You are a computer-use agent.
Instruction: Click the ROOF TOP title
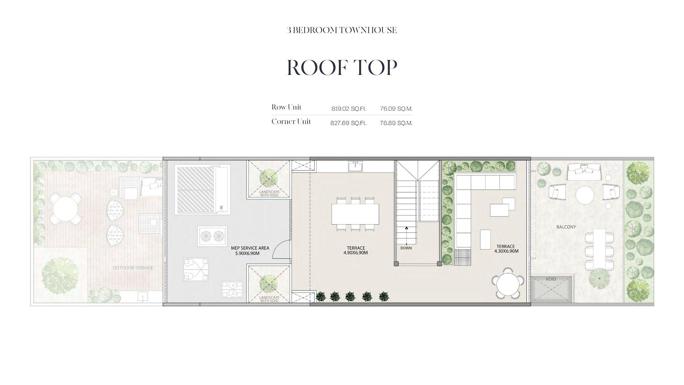click(342, 67)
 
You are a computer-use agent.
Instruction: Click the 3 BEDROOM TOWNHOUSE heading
click(342, 30)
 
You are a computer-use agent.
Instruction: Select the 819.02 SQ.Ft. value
click(349, 109)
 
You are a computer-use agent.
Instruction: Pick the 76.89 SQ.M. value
click(396, 123)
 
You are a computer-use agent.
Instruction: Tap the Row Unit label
click(286, 107)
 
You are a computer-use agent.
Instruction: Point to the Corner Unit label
click(291, 122)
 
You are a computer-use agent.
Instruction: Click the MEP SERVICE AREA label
click(250, 248)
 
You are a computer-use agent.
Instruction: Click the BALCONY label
click(566, 227)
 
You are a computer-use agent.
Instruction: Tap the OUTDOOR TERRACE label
click(133, 268)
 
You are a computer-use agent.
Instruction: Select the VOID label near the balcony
click(551, 279)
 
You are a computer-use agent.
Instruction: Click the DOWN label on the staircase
click(406, 248)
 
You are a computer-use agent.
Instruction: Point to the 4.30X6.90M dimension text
click(506, 251)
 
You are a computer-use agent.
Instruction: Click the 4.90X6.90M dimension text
click(356, 253)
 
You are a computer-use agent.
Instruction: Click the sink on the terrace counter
click(355, 166)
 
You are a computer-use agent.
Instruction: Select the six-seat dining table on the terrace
click(355, 214)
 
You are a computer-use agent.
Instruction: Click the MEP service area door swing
click(282, 249)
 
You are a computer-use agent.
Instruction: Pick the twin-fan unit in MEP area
click(212, 236)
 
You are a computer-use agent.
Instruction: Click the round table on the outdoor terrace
click(64, 209)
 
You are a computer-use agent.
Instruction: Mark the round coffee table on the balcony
click(585, 195)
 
